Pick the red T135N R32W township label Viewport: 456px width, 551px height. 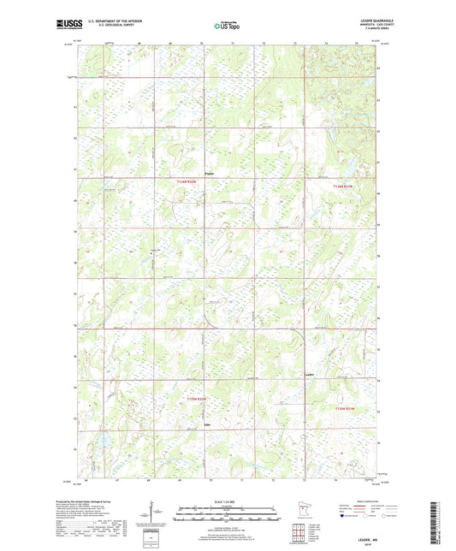(197, 399)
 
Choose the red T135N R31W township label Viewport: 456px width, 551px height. (344, 409)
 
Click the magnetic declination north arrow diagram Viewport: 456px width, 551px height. (155, 516)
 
